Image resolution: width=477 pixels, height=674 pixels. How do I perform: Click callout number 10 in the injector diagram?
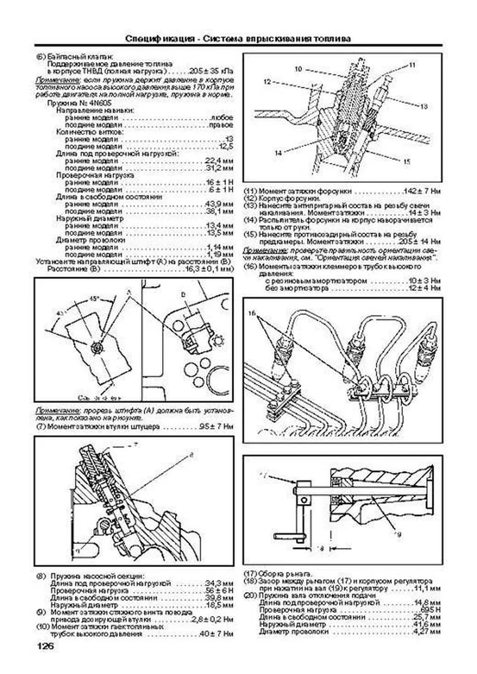[298, 69]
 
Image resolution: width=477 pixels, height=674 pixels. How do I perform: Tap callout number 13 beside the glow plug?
[424, 106]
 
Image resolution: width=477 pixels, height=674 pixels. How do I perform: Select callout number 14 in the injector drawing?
[278, 153]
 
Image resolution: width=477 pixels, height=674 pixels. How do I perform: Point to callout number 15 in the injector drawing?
[406, 161]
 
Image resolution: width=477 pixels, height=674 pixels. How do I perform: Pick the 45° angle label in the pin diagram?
[94, 298]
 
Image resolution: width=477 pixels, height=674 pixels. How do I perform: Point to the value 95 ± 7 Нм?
[216, 427]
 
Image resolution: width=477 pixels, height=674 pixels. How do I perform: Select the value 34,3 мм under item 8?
[219, 583]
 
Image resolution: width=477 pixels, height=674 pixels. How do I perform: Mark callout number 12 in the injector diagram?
[267, 81]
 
